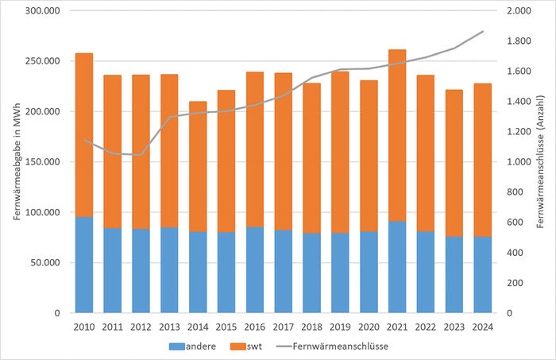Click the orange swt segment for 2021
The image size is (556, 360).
[397, 135]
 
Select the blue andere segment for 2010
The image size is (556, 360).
[83, 265]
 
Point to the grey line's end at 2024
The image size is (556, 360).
[483, 32]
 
